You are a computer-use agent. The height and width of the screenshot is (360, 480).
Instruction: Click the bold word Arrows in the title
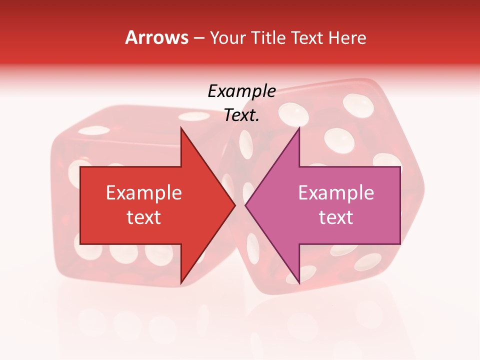click(x=157, y=37)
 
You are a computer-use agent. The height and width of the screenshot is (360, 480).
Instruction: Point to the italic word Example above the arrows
click(x=241, y=91)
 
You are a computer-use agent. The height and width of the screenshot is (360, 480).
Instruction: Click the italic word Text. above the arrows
click(x=241, y=116)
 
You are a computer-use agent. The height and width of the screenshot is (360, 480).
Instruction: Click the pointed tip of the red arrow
click(x=234, y=205)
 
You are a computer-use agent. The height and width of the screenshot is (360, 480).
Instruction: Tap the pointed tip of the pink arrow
click(x=246, y=205)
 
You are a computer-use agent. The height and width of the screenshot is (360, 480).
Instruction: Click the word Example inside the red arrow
click(x=144, y=193)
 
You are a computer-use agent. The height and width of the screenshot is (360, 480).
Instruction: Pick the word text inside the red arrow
click(x=144, y=217)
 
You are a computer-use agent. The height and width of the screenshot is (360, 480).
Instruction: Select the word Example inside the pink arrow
click(x=336, y=193)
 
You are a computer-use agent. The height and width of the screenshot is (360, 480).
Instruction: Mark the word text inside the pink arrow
click(x=336, y=217)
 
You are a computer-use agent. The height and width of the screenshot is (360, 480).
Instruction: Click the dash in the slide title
click(x=198, y=38)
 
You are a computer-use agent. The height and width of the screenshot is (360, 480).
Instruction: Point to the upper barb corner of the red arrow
click(x=181, y=128)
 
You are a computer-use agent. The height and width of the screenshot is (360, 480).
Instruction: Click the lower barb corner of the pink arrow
click(x=299, y=283)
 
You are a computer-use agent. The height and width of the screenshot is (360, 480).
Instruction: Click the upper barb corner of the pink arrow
click(x=299, y=128)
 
